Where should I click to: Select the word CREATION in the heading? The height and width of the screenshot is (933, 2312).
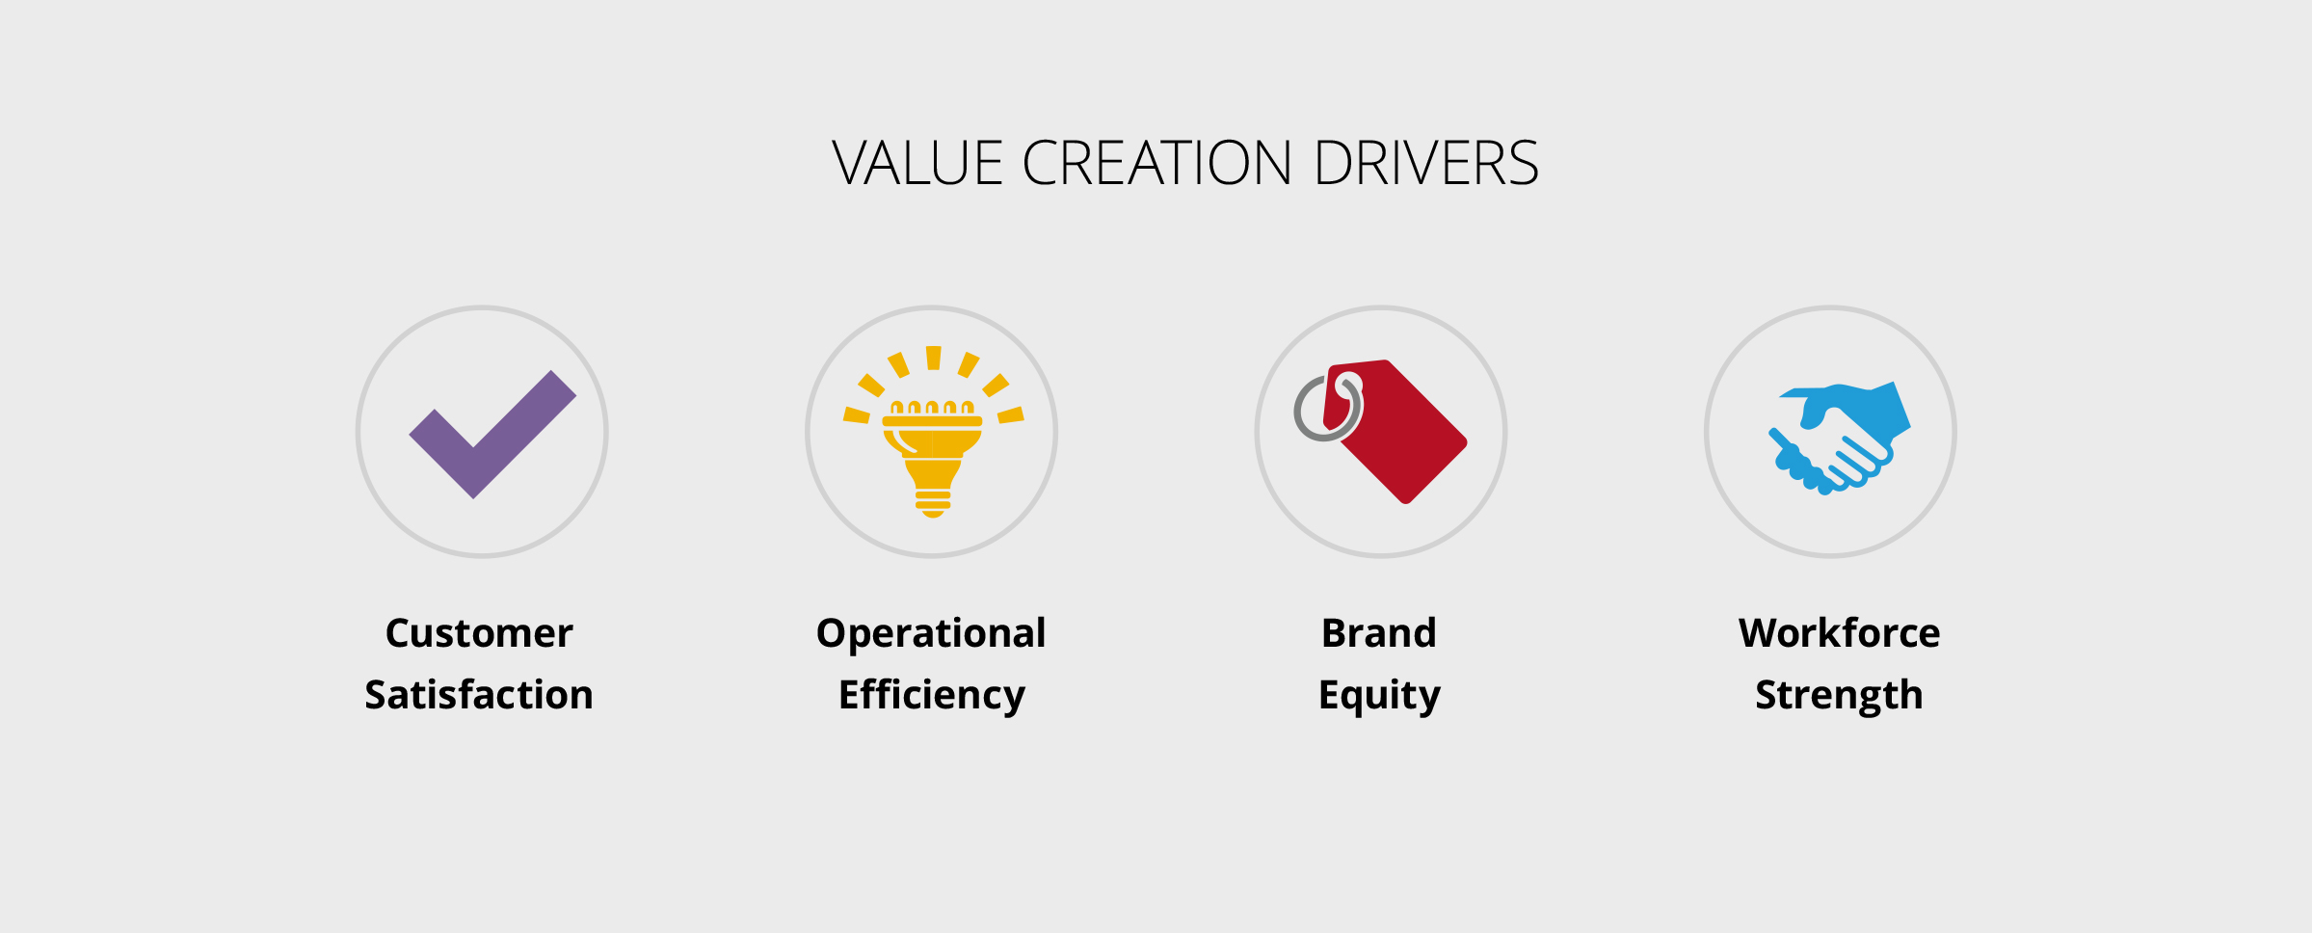coord(1156,163)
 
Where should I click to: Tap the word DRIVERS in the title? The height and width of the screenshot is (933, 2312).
coord(1426,163)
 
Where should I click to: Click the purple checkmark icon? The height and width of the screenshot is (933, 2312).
coord(492,434)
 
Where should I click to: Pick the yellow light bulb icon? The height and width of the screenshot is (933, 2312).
coord(933,432)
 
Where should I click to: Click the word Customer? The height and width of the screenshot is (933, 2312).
coord(479,633)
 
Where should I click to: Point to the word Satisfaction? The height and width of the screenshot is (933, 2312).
coord(479,695)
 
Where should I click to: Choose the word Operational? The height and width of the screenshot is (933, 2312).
coord(931,634)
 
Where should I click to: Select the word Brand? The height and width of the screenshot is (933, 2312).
coord(1379,633)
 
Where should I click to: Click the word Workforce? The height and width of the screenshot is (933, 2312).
coord(1839,633)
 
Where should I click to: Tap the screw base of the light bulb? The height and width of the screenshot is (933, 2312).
coord(933,499)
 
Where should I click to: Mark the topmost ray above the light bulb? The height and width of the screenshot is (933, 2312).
coord(933,358)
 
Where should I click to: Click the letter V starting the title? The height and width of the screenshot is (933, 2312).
coord(853,163)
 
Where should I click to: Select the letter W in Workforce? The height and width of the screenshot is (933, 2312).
coord(1762,633)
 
